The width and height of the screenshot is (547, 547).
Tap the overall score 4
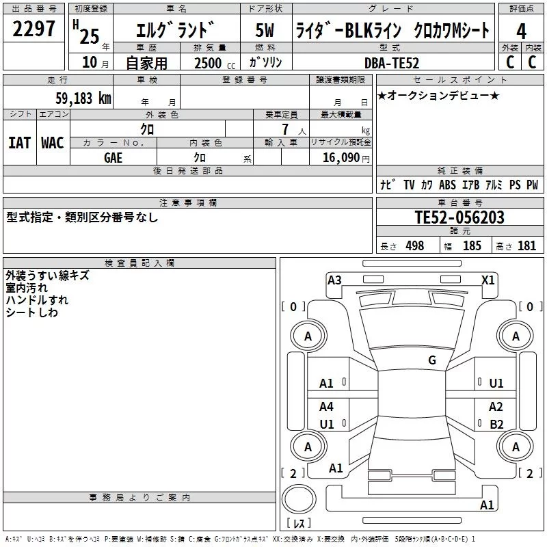click(521, 31)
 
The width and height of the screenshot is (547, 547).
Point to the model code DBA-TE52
click(392, 63)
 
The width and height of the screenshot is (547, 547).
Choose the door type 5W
click(265, 31)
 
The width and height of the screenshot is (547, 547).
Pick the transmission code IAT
click(19, 142)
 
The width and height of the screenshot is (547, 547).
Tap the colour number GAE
click(114, 158)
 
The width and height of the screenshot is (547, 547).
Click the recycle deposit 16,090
click(341, 158)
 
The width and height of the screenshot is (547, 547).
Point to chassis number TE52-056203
click(459, 217)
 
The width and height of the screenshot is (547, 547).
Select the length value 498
click(414, 246)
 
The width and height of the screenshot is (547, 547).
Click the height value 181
click(526, 246)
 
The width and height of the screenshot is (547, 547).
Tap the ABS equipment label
click(447, 185)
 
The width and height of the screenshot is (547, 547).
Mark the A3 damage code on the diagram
click(334, 280)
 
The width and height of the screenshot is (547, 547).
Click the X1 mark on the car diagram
click(488, 280)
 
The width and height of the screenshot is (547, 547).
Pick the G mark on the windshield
click(432, 360)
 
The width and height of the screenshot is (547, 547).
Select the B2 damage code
click(496, 424)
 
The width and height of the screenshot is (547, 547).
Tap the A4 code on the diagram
click(327, 407)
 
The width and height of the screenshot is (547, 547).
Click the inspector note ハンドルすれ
click(37, 300)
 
